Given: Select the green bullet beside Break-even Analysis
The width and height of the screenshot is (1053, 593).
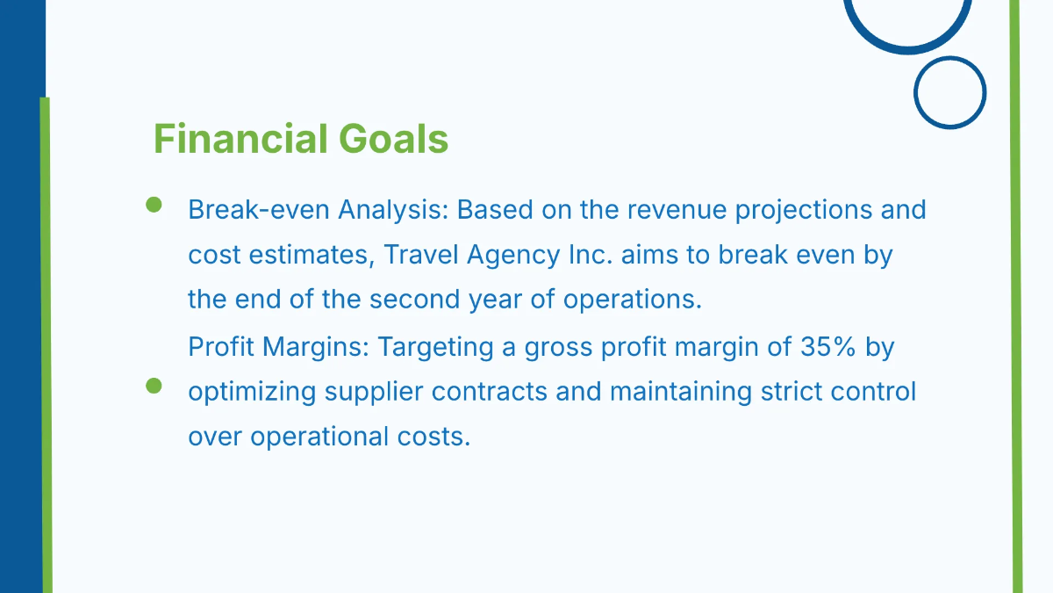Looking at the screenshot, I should [154, 205].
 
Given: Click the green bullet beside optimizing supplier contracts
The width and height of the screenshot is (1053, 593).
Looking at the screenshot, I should [154, 386].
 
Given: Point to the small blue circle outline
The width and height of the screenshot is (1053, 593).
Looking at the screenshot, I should [949, 92].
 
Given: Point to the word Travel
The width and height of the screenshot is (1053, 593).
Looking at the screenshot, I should [422, 256].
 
